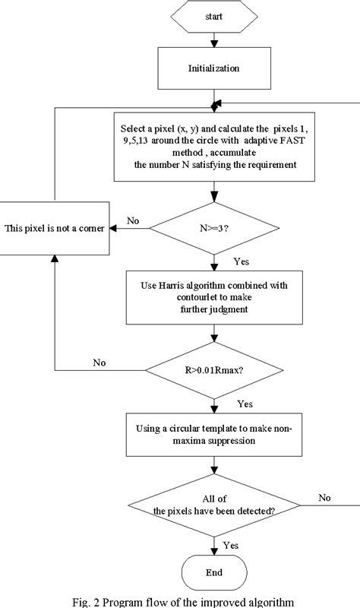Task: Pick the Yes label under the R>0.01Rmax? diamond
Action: coord(245,403)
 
